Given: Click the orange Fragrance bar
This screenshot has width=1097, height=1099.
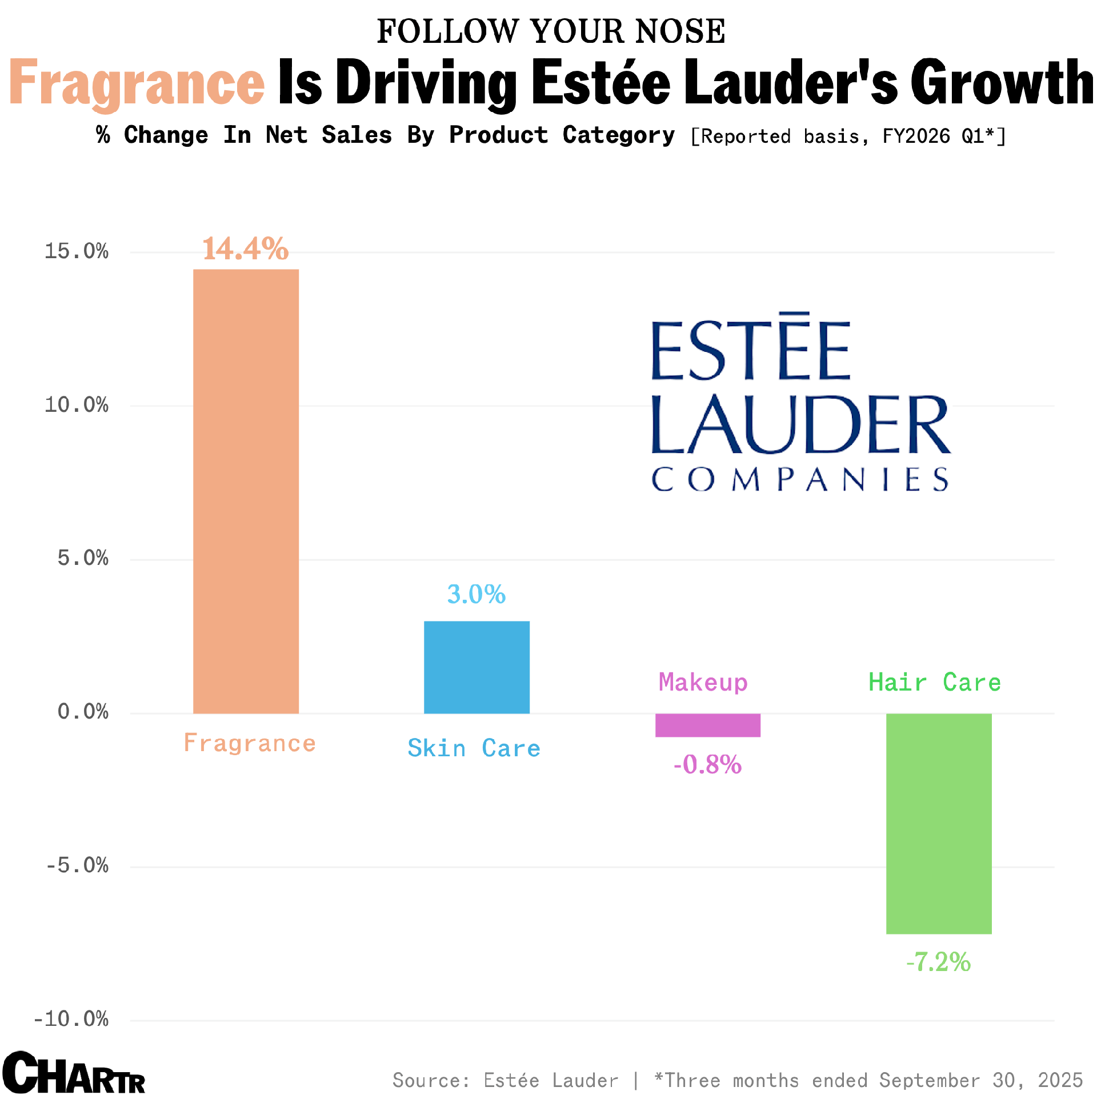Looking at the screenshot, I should (246, 491).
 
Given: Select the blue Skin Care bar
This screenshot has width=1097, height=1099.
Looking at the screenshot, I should (477, 667).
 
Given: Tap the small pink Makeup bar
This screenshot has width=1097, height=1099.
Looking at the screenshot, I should (707, 725).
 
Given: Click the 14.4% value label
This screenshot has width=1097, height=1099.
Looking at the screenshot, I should (246, 249).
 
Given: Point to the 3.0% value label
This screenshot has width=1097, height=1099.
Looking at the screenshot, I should (477, 594).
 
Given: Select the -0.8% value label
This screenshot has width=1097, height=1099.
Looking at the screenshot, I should (707, 764).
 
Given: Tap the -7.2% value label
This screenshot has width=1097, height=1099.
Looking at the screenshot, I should (938, 962).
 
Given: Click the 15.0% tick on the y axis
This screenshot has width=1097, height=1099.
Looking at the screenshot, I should (77, 251).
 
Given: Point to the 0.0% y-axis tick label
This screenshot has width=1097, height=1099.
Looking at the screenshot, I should (83, 712).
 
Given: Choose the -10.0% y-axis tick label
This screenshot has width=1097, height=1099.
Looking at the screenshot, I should (71, 1019).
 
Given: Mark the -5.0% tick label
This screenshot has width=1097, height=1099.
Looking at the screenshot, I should (77, 865).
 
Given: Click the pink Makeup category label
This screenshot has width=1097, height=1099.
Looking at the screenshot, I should (703, 683).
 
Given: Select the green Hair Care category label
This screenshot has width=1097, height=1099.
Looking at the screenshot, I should (935, 683).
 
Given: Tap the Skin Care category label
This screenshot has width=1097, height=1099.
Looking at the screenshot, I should (474, 748).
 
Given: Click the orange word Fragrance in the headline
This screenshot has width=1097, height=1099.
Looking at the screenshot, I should (137, 83).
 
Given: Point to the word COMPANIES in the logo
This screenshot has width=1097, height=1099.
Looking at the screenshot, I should (800, 479).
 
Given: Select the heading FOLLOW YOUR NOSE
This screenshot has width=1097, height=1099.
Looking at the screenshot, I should (551, 31).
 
